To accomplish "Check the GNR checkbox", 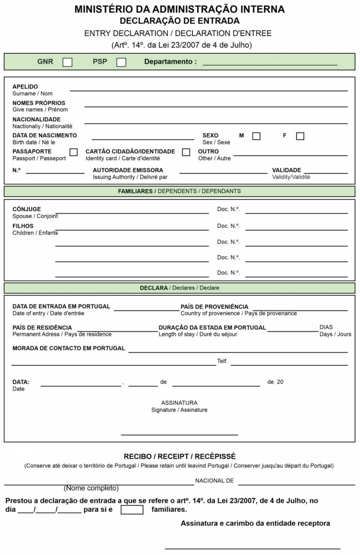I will (x=67, y=62).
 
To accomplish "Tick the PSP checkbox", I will (x=121, y=62).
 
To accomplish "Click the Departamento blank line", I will (x=270, y=62).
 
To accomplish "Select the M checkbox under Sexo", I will (x=256, y=136).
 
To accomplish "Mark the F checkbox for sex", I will (x=300, y=136).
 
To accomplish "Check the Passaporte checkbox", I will (x=73, y=152).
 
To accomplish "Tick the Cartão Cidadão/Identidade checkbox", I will (x=186, y=152).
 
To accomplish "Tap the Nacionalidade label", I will (x=36, y=119).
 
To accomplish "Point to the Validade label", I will (x=286, y=170).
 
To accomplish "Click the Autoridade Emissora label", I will (x=128, y=170).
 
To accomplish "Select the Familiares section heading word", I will (x=135, y=191).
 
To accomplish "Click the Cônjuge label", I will (x=26, y=209).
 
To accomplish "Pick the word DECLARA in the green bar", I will (x=153, y=288).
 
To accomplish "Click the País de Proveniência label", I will (x=214, y=307).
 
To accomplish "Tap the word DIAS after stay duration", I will (x=326, y=327).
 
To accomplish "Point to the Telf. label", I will (x=222, y=361).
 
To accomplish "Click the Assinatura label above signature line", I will (x=179, y=403).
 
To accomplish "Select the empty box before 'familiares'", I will (x=132, y=509).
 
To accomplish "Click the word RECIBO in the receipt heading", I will (x=138, y=457).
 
